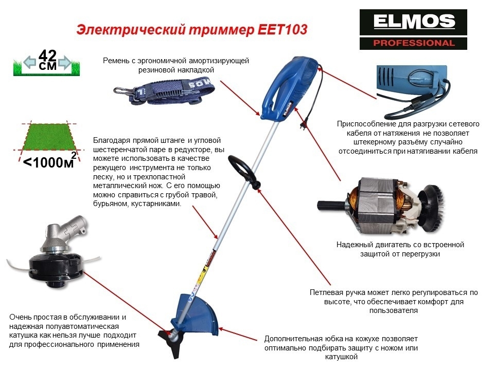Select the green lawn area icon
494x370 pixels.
47,137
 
